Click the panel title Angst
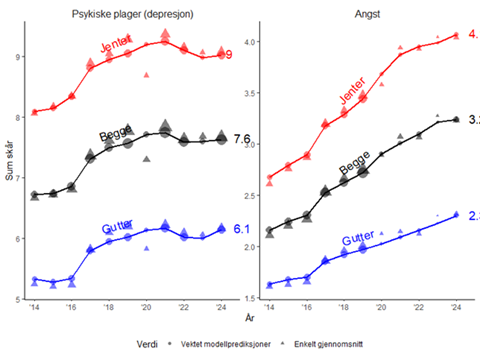click(361, 12)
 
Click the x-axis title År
click(247, 318)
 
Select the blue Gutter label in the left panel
click(117, 228)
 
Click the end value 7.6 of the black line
click(241, 139)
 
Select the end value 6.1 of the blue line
click(241, 229)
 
